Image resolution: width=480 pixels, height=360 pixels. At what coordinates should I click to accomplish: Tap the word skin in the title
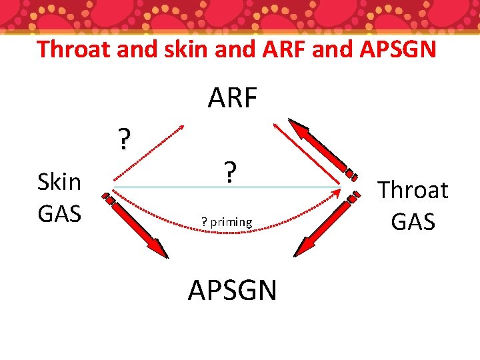178,49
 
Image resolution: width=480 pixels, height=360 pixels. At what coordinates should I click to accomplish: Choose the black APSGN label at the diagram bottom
232,291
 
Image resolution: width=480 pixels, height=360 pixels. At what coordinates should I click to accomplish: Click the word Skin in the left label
59,181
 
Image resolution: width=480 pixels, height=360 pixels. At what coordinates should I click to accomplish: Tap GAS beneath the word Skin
59,213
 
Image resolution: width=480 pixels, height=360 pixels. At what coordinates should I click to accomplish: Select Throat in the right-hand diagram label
413,190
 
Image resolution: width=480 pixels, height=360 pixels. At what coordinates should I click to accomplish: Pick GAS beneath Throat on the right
413,221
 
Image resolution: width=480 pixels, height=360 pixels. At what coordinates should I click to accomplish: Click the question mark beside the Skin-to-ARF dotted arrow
123,141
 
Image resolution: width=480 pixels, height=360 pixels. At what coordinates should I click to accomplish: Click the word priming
231,222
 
